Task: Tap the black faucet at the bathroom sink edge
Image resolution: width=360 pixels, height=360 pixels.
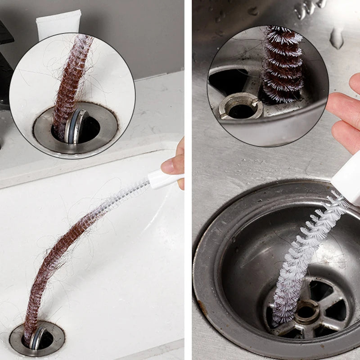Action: (5, 67)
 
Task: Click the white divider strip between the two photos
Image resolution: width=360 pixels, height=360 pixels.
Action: (188, 180)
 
